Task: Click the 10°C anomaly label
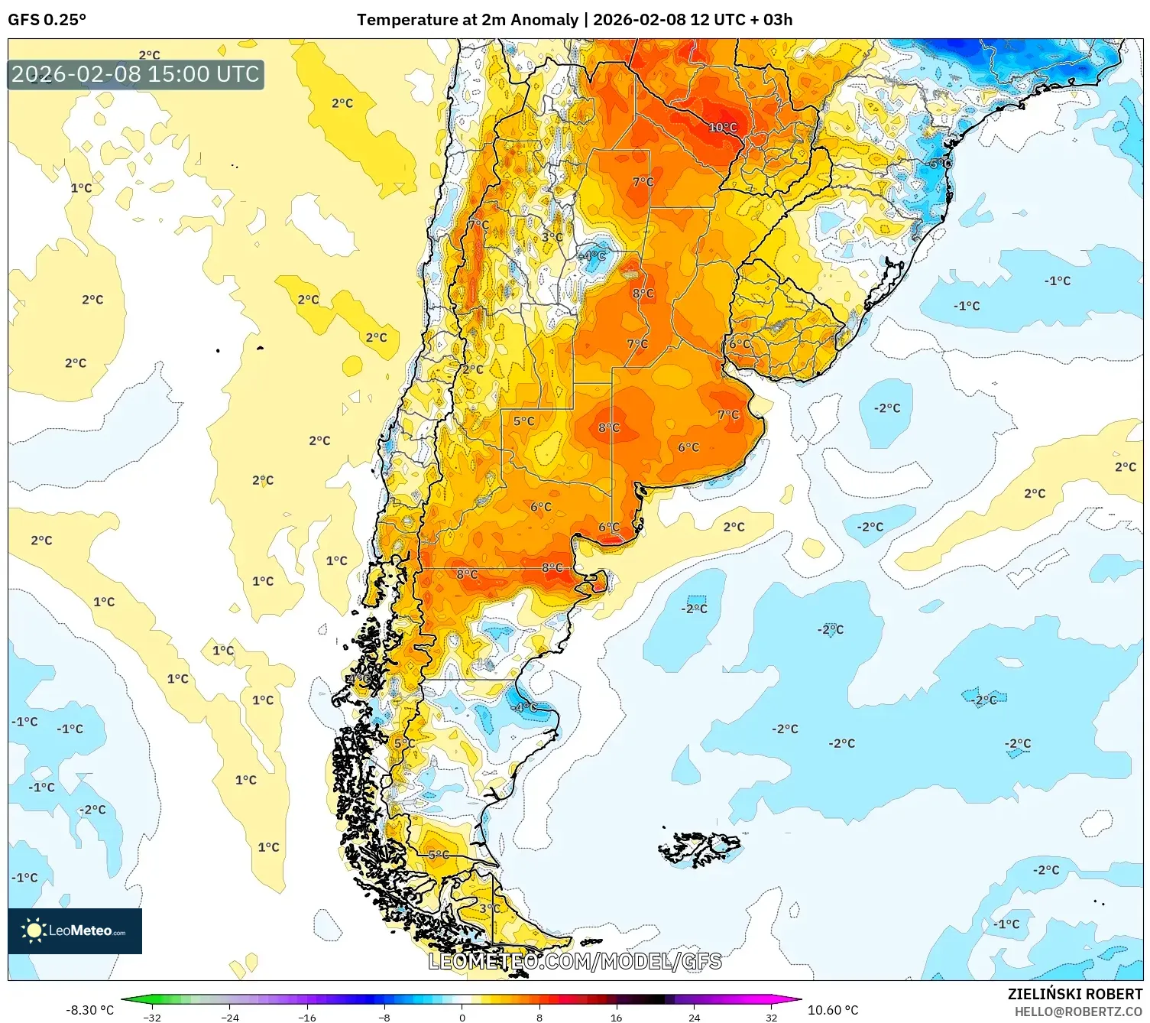pyautogui.click(x=722, y=128)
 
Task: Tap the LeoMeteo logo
pyautogui.click(x=75, y=930)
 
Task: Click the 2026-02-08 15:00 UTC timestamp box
pyautogui.click(x=135, y=74)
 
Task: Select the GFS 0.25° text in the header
pyautogui.click(x=47, y=20)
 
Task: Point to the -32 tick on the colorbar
pyautogui.click(x=152, y=1017)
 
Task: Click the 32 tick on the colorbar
pyautogui.click(x=772, y=1017)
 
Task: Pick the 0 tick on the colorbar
pyautogui.click(x=462, y=1017)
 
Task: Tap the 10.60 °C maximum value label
pyautogui.click(x=833, y=1010)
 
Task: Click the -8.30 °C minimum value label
pyautogui.click(x=89, y=1010)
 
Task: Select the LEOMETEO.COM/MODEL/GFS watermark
pyautogui.click(x=575, y=961)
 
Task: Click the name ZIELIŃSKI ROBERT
pyautogui.click(x=1075, y=994)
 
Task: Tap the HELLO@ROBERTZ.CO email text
pyautogui.click(x=1078, y=1012)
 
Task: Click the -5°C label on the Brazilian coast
pyautogui.click(x=939, y=164)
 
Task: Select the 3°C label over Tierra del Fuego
pyautogui.click(x=489, y=908)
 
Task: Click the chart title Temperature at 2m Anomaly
pyautogui.click(x=467, y=20)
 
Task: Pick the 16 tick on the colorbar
pyautogui.click(x=617, y=1017)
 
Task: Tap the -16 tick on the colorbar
pyautogui.click(x=306, y=1017)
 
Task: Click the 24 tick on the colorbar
pyautogui.click(x=694, y=1017)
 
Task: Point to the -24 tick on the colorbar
pyautogui.click(x=229, y=1017)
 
